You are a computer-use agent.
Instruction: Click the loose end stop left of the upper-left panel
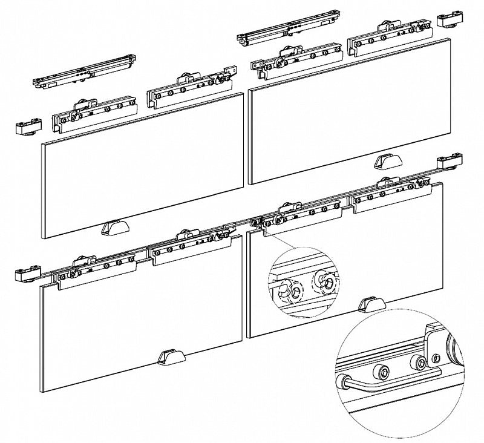[x=27, y=128]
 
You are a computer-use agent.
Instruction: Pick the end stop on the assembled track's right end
[x=450, y=162]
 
